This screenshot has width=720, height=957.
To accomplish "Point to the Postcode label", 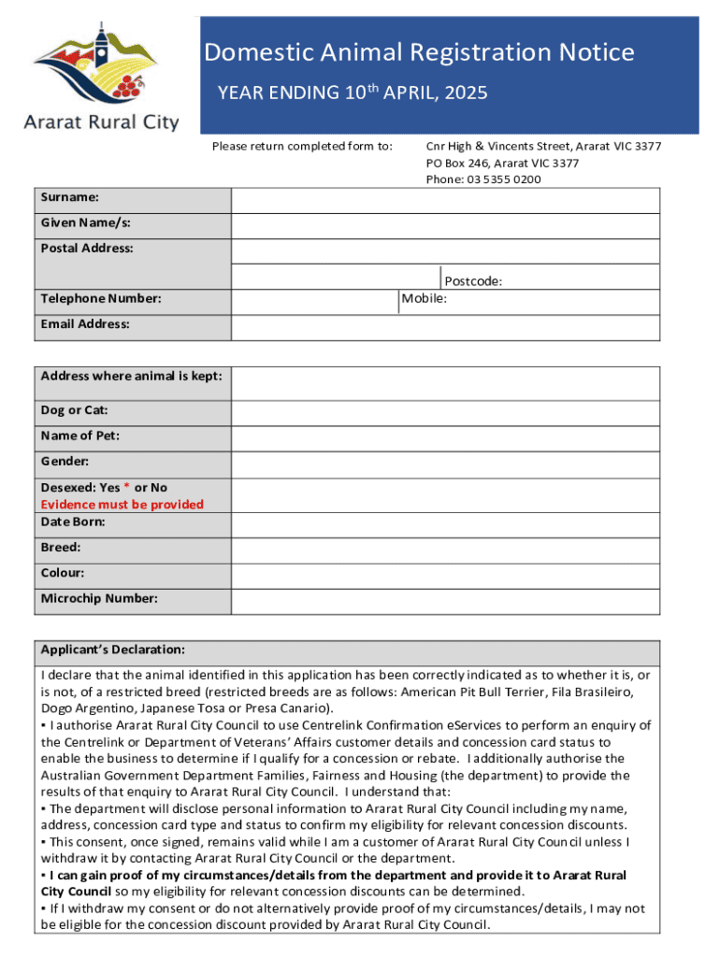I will coord(473,280).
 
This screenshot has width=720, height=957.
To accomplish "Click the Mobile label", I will coord(425,298).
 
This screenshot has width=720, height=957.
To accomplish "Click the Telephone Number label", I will coord(101,299).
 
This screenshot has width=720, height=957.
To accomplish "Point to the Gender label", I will coord(65,462).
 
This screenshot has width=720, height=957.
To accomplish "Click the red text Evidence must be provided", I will coord(122,505).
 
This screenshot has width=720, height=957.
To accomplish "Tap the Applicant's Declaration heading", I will coord(112,650).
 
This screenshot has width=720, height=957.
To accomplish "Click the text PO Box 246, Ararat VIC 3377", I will coord(502,164).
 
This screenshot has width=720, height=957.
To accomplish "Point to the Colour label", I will coord(65,573).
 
